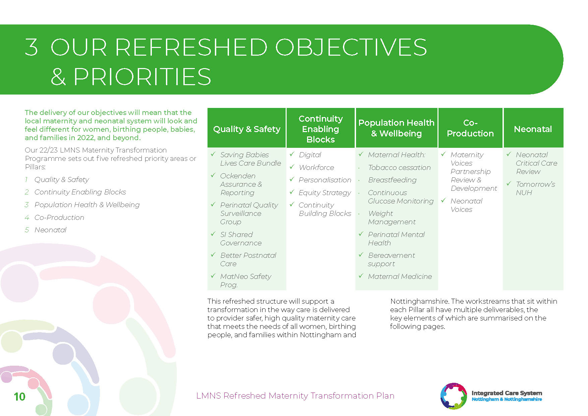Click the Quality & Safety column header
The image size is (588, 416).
click(247, 129)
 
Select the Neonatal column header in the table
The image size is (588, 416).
click(533, 129)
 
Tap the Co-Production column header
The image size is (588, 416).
click(470, 128)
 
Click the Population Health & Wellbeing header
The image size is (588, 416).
click(396, 128)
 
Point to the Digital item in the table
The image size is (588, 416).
click(310, 155)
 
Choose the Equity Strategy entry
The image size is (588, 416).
click(325, 193)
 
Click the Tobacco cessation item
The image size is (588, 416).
click(399, 167)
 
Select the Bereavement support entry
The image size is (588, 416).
click(391, 259)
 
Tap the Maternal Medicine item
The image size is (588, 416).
click(400, 276)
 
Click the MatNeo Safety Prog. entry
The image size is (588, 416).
click(246, 281)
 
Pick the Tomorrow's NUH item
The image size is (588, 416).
click(535, 188)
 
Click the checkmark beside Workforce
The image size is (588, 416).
click(292, 167)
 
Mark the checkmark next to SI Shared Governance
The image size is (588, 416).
click(213, 234)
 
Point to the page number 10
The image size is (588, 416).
click(19, 397)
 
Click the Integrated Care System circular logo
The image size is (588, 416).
click(454, 396)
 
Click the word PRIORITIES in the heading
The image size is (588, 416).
click(142, 76)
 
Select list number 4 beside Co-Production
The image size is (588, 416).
click(27, 218)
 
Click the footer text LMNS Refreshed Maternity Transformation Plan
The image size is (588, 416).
click(295, 396)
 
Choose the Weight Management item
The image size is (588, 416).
click(392, 218)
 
